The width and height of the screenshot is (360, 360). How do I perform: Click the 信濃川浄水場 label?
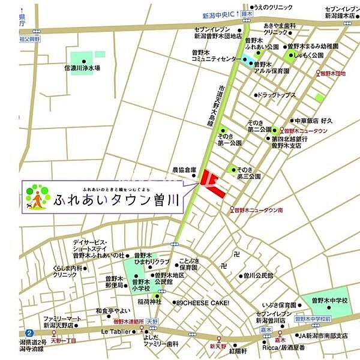(x=82, y=68)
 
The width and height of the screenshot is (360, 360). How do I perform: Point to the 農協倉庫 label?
(x=184, y=170)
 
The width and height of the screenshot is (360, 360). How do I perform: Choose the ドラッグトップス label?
(x=278, y=94)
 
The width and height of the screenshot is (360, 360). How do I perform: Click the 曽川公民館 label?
(x=258, y=275)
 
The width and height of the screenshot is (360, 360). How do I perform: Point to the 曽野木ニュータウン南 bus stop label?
(x=259, y=209)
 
